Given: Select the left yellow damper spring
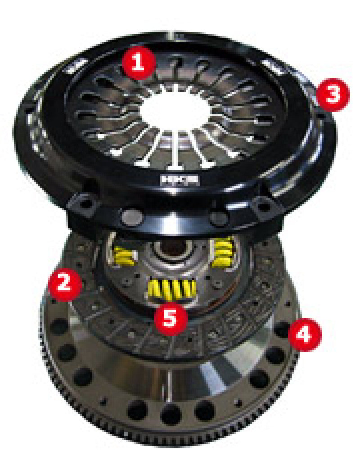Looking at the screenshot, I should click(126, 256).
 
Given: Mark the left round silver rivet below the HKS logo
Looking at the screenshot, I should click(130, 218).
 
